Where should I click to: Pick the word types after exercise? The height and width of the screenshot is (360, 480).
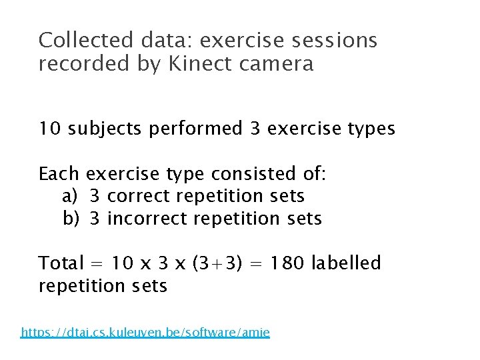coord(369,129)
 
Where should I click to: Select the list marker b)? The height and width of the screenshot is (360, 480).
coord(71,219)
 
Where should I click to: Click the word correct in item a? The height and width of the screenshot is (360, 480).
coord(139,197)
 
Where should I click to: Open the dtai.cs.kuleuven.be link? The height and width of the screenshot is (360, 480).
coord(145,332)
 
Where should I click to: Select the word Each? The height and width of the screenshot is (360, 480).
coord(59,175)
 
